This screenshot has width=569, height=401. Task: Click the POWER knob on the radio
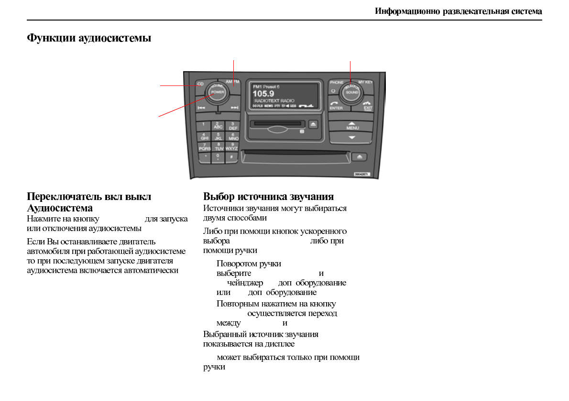[x=218, y=92]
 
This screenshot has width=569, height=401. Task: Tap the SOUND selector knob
[x=351, y=92]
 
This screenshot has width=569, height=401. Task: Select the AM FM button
[x=233, y=82]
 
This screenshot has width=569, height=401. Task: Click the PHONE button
[x=336, y=83]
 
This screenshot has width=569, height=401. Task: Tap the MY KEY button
[x=365, y=83]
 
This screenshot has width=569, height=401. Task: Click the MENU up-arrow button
[x=352, y=126]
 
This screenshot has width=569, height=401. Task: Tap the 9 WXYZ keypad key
[x=232, y=147]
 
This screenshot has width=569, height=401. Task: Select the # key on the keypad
[x=231, y=157]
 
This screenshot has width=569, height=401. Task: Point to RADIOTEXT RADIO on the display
[x=274, y=101]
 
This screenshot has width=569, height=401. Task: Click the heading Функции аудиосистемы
[x=89, y=38]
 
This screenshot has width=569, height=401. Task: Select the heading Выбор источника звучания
[x=268, y=197]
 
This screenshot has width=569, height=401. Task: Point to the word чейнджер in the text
[x=245, y=283]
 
